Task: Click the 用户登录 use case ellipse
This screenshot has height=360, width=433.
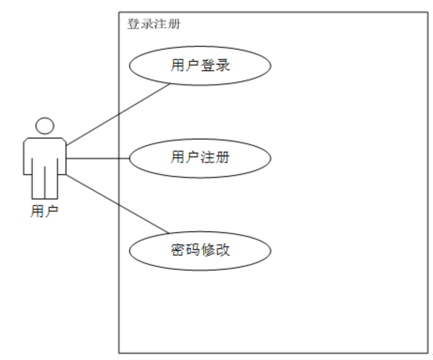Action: tap(200, 66)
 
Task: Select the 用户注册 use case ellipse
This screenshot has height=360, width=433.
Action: tap(200, 158)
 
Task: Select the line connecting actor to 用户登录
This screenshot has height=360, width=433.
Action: tap(117, 113)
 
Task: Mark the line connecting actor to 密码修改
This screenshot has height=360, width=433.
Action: tap(117, 204)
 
